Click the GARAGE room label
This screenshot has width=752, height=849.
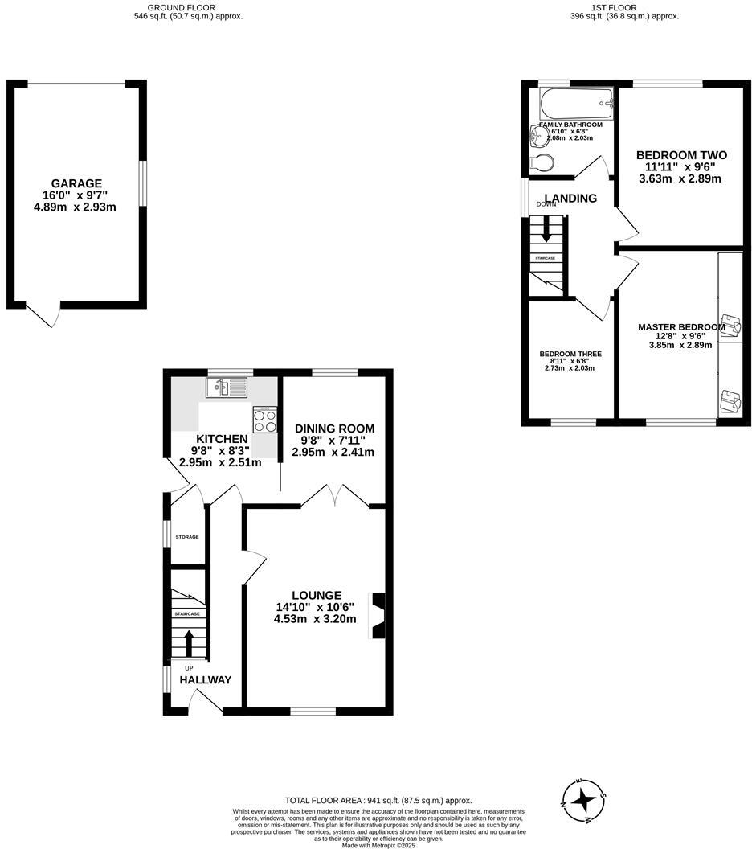(77, 183)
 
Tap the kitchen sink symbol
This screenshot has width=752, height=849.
(226, 389)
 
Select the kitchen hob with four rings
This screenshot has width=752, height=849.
(265, 421)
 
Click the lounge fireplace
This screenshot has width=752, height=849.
(376, 616)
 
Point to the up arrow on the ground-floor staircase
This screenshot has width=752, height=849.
(190, 643)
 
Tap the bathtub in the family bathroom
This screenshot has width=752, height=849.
(575, 103)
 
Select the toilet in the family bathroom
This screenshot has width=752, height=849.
(542, 163)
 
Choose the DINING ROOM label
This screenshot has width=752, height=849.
(333, 429)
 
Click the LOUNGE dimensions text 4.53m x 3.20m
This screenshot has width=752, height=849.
(316, 619)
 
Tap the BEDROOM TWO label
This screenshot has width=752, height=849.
(680, 155)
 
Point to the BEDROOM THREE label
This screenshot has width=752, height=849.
(570, 354)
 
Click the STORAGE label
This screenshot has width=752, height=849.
(187, 537)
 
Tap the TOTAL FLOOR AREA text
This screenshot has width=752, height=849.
(378, 801)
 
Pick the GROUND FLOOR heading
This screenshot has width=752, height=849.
(187, 7)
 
